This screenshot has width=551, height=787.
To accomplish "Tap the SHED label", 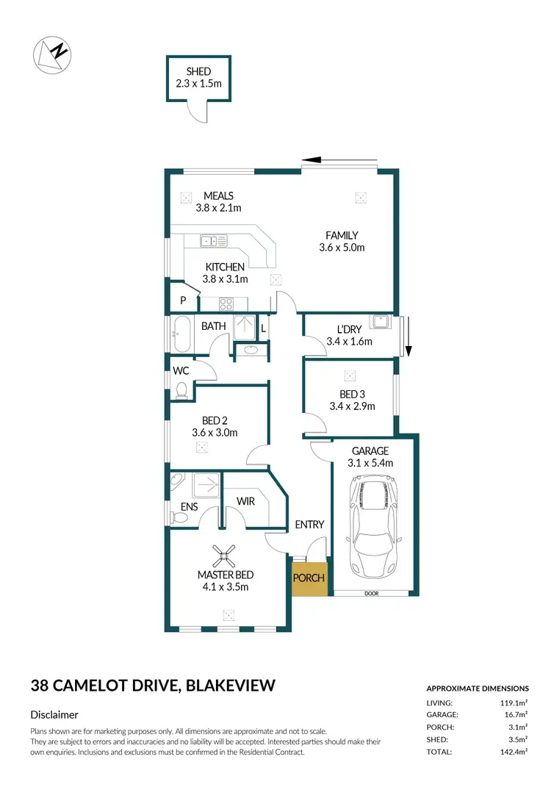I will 198,71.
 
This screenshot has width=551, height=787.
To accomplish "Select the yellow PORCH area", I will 309,578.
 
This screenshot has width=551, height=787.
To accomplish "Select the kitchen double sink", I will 215,240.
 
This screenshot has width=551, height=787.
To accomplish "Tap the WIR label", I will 245,500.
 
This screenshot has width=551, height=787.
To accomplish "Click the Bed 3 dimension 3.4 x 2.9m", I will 353,406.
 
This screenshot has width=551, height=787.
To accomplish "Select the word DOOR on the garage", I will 371,594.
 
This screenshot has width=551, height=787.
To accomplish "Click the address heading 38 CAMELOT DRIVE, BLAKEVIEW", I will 153,686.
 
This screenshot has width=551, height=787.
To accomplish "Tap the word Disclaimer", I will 54,714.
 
